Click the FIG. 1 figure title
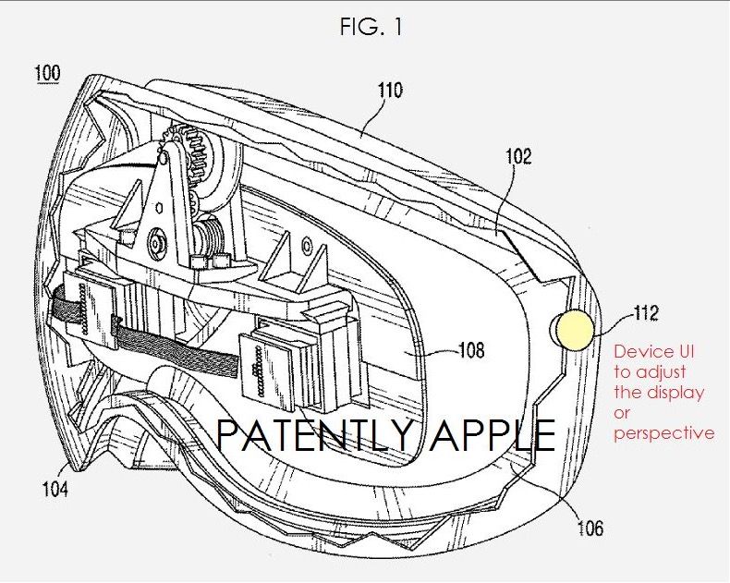(x=371, y=26)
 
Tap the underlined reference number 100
(x=47, y=74)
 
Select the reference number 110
(x=390, y=90)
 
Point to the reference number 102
(x=518, y=156)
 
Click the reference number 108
(x=471, y=349)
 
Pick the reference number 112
(x=646, y=313)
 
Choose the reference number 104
(x=55, y=489)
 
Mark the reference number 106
(x=590, y=528)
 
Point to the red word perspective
(x=664, y=434)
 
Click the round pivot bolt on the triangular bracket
(x=156, y=243)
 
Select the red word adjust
(x=661, y=372)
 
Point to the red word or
(x=622, y=414)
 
